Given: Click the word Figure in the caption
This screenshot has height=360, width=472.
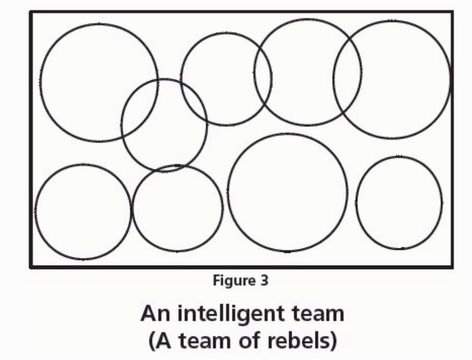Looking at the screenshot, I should click(x=231, y=281).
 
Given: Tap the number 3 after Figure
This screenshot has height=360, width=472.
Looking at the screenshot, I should click(x=264, y=281).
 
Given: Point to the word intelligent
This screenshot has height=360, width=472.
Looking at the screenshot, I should click(x=223, y=315).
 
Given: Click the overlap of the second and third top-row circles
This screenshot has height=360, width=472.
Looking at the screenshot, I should click(x=263, y=76).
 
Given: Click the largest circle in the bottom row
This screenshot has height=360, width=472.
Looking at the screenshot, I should click(x=288, y=192).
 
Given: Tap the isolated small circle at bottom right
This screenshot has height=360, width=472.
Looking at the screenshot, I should click(x=399, y=202).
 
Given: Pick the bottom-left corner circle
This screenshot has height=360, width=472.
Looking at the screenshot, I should click(x=83, y=212).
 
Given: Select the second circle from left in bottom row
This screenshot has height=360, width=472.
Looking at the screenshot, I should click(x=177, y=212).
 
